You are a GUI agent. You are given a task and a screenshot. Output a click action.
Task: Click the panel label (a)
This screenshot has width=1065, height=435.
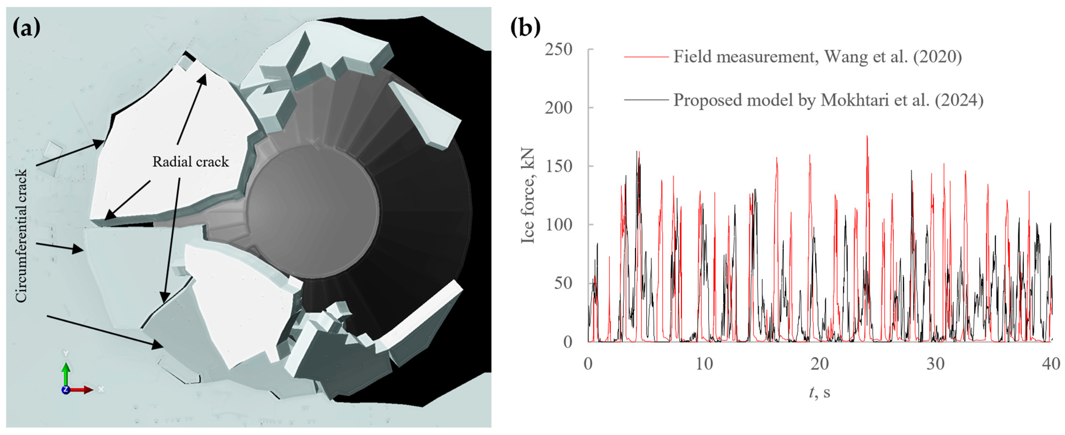pyautogui.click(x=27, y=28)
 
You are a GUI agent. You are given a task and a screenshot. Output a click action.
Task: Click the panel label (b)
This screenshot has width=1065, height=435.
pyautogui.click(x=525, y=28)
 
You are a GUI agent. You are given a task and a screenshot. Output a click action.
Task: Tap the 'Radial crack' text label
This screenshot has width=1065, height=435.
pyautogui.click(x=190, y=161)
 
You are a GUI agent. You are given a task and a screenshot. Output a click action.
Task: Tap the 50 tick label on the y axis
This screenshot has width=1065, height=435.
pyautogui.click(x=563, y=283)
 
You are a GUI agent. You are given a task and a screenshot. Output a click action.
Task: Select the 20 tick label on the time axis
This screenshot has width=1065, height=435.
pyautogui.click(x=819, y=364)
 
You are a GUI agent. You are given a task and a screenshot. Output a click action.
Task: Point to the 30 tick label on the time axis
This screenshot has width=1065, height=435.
pyautogui.click(x=935, y=364)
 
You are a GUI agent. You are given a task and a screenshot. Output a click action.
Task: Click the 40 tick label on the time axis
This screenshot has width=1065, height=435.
pyautogui.click(x=1051, y=364)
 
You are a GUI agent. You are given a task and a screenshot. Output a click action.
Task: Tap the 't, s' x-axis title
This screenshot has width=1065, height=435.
pyautogui.click(x=819, y=392)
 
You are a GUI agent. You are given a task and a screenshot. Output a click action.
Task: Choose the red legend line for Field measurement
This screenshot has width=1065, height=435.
pyautogui.click(x=646, y=57)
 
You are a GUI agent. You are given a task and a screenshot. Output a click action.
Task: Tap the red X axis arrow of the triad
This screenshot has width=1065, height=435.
pyautogui.click(x=85, y=390)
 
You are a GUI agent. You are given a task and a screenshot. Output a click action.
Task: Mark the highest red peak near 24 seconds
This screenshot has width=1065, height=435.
pyautogui.click(x=867, y=136)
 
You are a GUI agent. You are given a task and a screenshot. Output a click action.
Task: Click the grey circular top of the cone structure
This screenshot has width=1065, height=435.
pyautogui.click(x=312, y=211)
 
